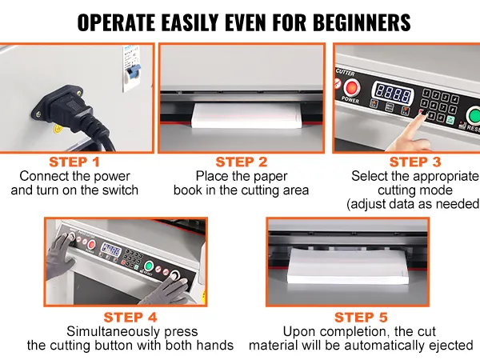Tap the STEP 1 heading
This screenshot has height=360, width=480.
pos(74,162)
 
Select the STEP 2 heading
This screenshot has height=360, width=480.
pos(242,162)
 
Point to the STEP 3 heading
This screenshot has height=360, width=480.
pos(415,162)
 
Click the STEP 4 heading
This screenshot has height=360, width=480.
pos(130,318)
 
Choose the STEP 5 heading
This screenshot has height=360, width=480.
pos(362,318)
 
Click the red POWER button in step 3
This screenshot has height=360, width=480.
pos(352,87)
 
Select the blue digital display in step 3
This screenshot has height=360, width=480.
pos(393,94)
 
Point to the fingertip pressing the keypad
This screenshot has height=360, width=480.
pos(422,114)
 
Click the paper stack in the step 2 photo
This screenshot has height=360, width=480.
pos(246,116)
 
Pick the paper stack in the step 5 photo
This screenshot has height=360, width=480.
pos(348,265)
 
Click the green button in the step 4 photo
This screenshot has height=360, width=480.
pos(149,266)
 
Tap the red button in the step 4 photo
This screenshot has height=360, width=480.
pos(91,245)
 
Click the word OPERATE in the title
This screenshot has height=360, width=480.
pos(116,22)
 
